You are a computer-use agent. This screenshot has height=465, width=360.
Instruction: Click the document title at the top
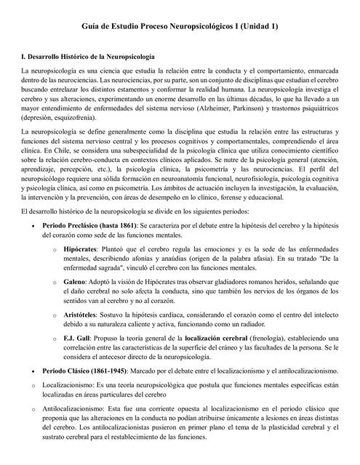[x=180, y=26]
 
